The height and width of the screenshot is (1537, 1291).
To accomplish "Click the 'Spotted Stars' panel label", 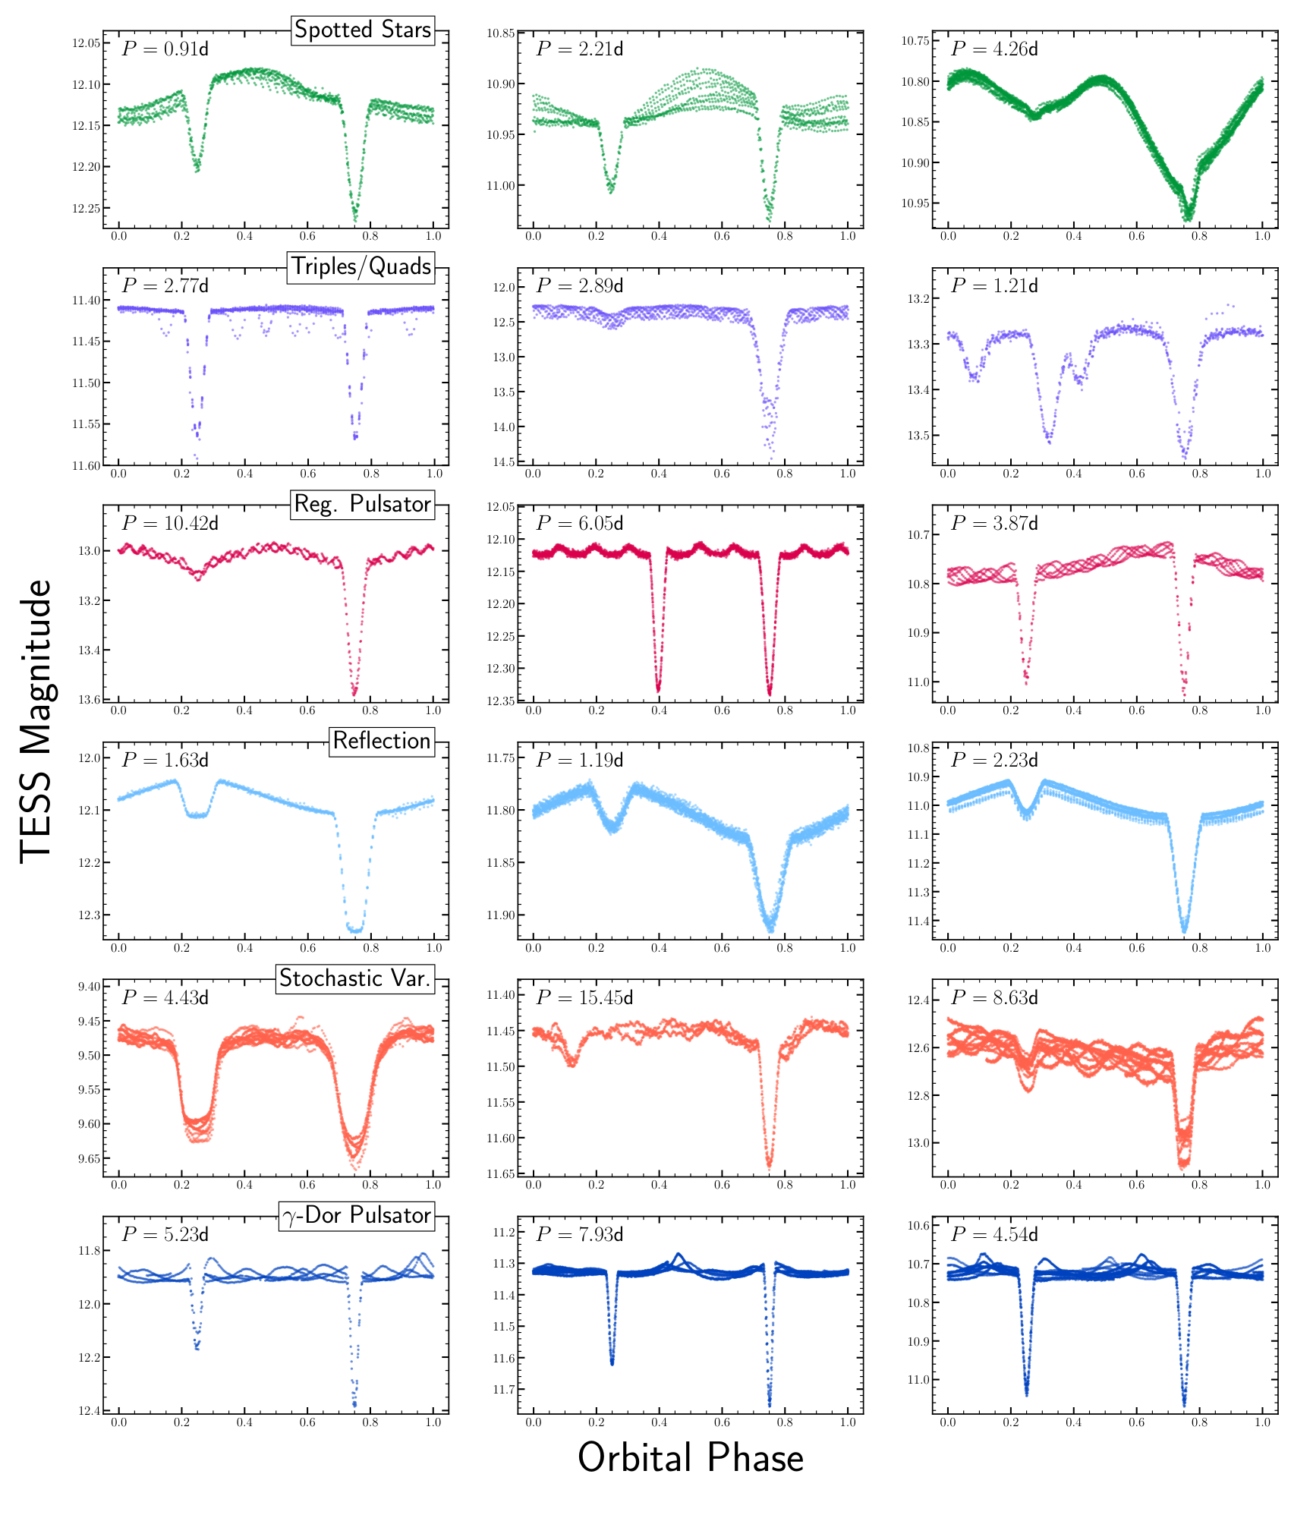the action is [x=363, y=30].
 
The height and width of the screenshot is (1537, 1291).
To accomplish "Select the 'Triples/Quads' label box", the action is [x=361, y=266].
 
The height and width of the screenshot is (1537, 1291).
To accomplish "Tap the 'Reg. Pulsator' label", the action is [x=363, y=504].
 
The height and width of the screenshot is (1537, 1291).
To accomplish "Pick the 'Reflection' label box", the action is [x=382, y=741].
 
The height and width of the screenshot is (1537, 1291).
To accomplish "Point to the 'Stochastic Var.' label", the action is [x=355, y=978].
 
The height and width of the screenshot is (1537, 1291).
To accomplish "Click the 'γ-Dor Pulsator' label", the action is [x=357, y=1215].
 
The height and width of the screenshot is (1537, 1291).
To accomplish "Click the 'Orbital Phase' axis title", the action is [x=691, y=1458].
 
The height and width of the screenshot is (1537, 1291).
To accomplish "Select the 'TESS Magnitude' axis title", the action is [x=36, y=721].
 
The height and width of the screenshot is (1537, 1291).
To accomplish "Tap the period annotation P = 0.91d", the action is [x=165, y=49].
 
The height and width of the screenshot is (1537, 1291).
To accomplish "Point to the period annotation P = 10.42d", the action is [x=170, y=523].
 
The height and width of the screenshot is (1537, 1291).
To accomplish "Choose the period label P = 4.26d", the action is [x=994, y=49].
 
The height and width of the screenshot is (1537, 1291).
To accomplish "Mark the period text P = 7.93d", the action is [x=580, y=1234].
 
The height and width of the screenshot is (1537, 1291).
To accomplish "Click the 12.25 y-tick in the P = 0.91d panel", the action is [x=86, y=209].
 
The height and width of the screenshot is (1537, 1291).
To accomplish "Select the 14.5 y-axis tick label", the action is [x=503, y=462].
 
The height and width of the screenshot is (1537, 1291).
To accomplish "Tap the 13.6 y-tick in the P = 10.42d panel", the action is [x=89, y=699].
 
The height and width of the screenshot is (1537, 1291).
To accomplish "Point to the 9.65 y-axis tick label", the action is [x=89, y=1159].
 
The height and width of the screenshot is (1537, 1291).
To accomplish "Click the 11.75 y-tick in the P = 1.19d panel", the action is [x=500, y=758].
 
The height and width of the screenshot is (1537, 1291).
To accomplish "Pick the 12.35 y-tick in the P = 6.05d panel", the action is [x=500, y=701].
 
